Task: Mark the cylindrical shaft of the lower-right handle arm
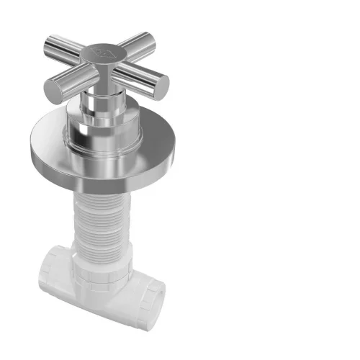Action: coord(137,76)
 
